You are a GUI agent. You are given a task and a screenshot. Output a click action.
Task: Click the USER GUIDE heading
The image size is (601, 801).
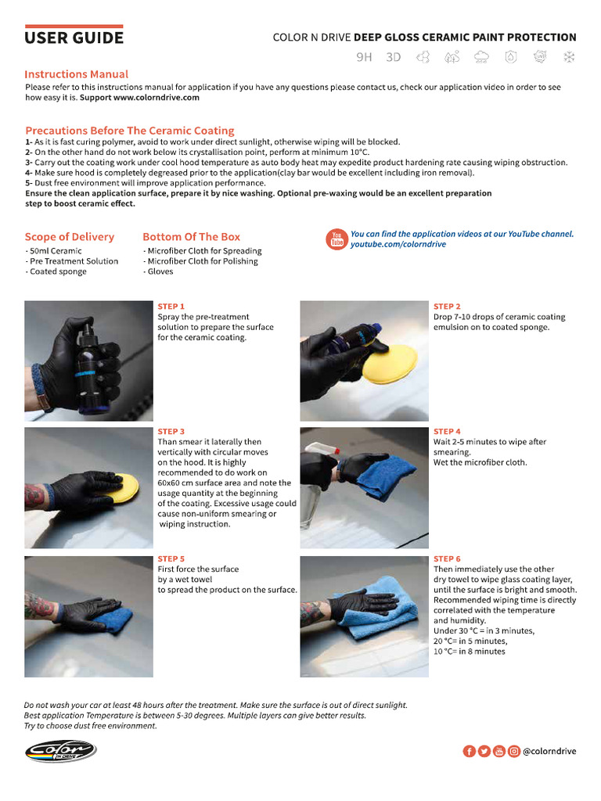(74, 37)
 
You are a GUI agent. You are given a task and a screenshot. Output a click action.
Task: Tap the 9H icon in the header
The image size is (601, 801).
(364, 57)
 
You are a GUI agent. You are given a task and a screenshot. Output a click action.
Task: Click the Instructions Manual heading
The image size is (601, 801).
(77, 74)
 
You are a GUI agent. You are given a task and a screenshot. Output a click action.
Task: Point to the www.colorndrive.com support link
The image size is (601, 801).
(156, 98)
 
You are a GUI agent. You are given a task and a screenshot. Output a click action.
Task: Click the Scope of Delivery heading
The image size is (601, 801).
(69, 236)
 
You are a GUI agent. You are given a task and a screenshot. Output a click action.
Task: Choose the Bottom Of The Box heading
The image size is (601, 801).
(191, 236)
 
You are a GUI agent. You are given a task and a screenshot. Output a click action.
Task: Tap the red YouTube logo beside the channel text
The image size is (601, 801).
(337, 239)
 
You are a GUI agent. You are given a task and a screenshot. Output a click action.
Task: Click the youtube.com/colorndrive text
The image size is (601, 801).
(398, 244)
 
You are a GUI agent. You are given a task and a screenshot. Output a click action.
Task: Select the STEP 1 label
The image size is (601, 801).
(171, 306)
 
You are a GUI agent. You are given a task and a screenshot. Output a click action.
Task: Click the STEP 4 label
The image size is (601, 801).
(447, 431)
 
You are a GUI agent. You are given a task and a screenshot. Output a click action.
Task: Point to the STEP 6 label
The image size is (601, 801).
(447, 559)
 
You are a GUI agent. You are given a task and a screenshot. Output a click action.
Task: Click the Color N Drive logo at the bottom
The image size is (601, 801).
(60, 751)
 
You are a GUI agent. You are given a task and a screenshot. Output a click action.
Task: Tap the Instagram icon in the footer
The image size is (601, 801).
(513, 751)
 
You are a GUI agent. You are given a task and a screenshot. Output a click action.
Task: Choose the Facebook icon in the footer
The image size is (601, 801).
(469, 751)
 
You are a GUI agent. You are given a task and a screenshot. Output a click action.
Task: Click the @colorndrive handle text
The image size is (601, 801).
(549, 751)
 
